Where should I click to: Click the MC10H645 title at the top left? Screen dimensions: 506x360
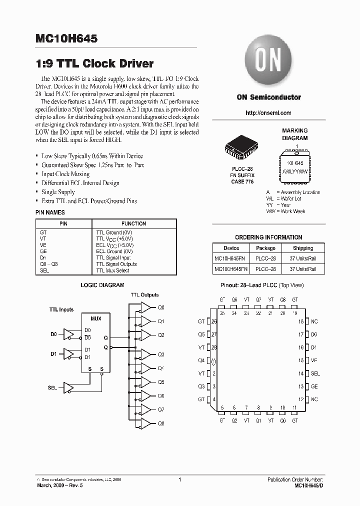66,38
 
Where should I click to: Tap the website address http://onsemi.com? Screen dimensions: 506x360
268,113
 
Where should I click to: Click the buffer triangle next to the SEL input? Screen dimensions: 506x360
69,387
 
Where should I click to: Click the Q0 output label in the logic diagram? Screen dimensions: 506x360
160,307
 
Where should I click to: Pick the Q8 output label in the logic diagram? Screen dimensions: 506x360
160,423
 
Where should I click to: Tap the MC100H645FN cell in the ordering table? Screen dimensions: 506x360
231,269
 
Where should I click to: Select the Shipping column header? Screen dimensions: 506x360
302,248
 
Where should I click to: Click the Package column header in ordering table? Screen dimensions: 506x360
265,248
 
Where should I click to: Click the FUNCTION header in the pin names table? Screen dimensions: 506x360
133,223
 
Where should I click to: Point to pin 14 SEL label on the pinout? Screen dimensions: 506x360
315,373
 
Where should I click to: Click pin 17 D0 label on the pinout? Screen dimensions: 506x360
314,334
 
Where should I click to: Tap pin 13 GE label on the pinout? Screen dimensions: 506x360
314,386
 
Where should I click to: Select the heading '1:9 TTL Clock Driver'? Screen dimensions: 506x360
94,63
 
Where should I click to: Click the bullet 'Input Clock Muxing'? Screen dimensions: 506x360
65,174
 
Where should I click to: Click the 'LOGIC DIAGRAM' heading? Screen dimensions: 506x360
102,285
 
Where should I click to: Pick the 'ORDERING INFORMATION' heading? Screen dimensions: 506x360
268,237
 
